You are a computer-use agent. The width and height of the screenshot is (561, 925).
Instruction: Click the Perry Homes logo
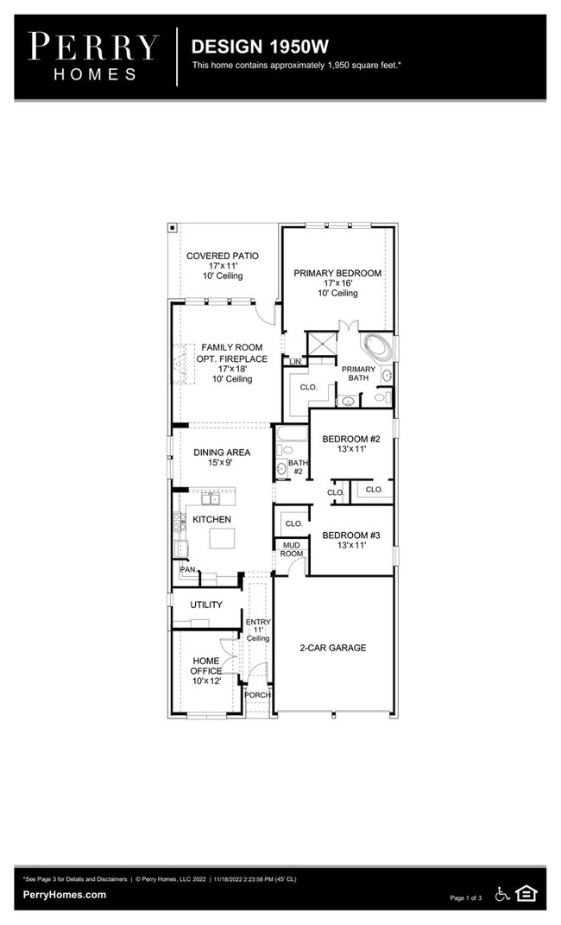(93, 56)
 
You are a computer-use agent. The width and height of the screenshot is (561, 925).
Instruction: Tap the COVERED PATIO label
(223, 257)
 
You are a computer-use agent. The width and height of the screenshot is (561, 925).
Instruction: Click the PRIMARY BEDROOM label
(337, 273)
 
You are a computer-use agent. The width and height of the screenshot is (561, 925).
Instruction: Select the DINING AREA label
(222, 452)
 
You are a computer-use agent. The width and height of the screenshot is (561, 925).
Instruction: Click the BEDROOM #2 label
(351, 440)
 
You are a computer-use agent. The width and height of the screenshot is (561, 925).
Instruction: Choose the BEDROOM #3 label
(351, 535)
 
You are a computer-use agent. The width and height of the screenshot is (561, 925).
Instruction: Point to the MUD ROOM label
(291, 549)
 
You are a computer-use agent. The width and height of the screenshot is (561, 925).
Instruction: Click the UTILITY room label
(206, 605)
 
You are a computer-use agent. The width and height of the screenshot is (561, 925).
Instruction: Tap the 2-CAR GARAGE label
(333, 648)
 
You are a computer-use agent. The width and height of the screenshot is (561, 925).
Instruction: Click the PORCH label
(257, 694)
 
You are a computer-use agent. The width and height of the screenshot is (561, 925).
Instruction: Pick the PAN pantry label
(186, 570)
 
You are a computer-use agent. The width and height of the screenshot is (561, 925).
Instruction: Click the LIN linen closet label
(295, 361)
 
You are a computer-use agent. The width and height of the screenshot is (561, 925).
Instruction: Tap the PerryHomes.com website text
(65, 895)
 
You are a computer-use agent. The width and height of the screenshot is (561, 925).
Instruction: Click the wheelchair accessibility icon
(502, 894)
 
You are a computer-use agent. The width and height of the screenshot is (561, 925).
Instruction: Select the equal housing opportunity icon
(526, 894)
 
